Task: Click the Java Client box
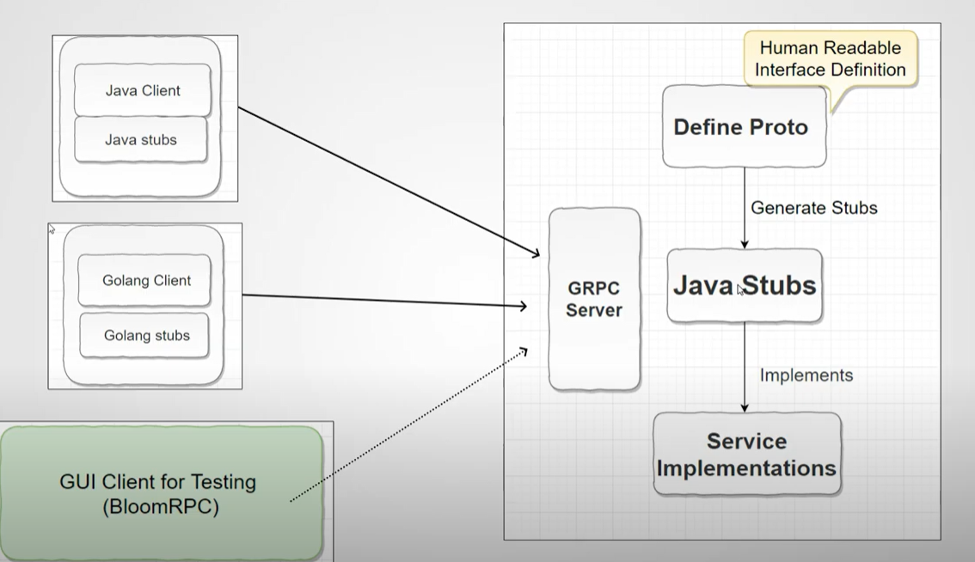pos(143,90)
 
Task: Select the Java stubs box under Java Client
pos(141,139)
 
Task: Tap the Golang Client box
pos(145,280)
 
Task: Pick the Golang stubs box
pos(146,335)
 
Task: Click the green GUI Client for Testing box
pos(162,493)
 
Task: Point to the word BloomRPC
pos(161,507)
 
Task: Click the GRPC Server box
pos(594,299)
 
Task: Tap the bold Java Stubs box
pos(745,285)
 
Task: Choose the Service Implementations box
pos(746,455)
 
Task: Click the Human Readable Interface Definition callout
pos(830,58)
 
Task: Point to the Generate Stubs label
pos(813,208)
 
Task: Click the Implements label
pos(806,376)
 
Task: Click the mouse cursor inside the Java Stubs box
pos(740,290)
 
